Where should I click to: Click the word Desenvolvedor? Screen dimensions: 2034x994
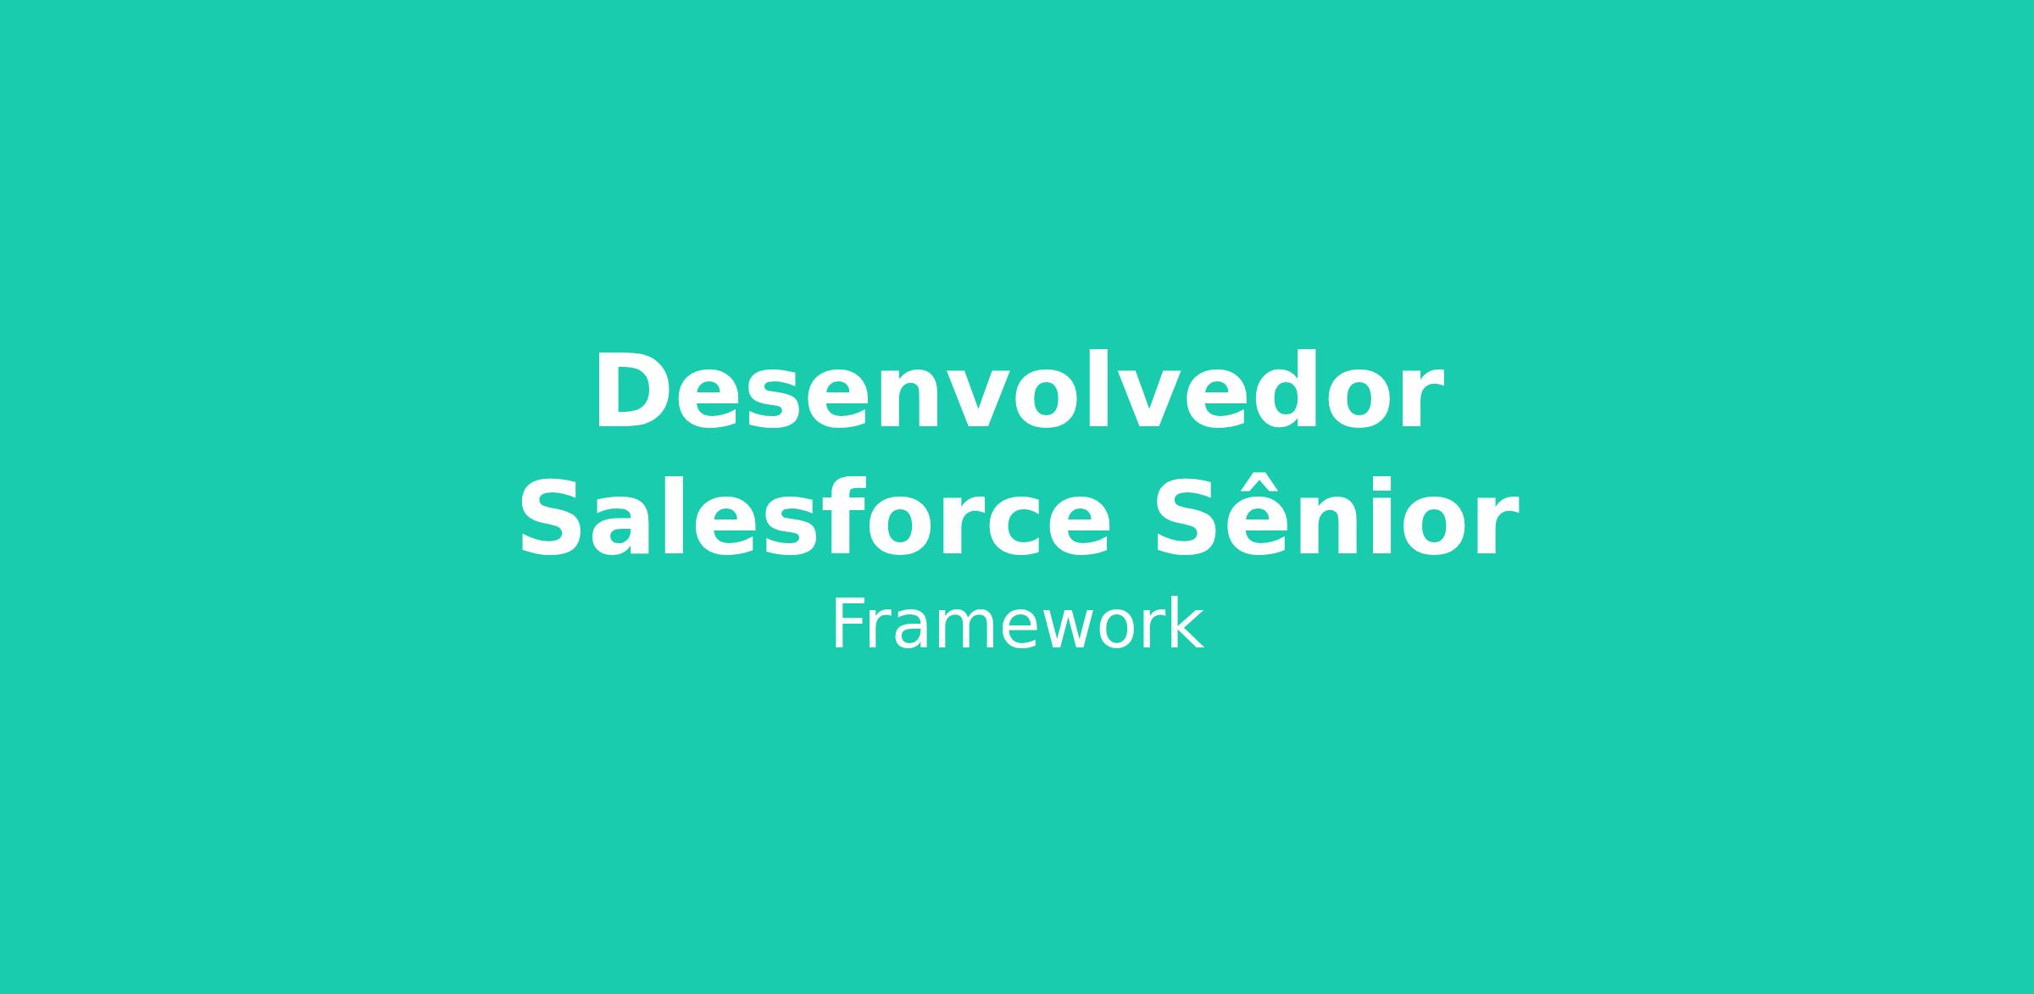(1018, 391)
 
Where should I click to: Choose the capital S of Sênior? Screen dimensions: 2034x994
(1188, 518)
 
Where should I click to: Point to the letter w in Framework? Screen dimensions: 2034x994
(1077, 630)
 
